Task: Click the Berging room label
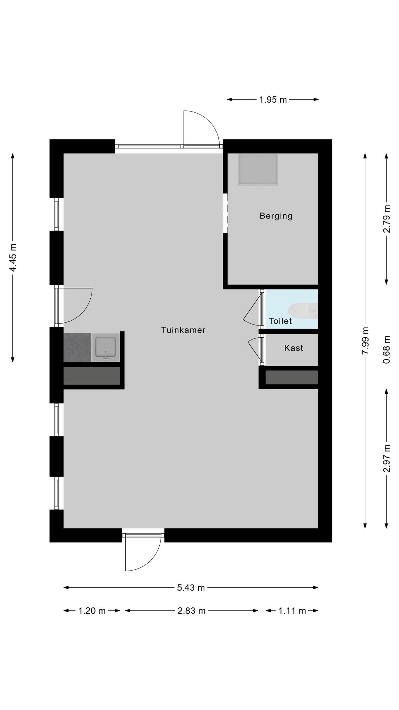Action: (276, 216)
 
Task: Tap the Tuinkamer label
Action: (183, 330)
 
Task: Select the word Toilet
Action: (280, 321)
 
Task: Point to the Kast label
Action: (294, 348)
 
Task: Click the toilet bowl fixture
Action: (303, 311)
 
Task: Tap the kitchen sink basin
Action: (106, 347)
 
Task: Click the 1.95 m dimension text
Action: (273, 100)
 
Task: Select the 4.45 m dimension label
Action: (13, 258)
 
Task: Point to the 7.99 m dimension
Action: (365, 341)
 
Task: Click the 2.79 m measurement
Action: (387, 219)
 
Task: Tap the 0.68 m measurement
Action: (387, 349)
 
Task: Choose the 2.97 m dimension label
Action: (387, 458)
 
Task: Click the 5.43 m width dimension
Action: (191, 588)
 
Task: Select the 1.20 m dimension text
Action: (92, 611)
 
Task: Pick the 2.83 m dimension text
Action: (192, 611)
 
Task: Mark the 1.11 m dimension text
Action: (292, 611)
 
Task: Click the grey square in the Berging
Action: (258, 170)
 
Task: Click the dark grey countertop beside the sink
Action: (77, 347)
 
